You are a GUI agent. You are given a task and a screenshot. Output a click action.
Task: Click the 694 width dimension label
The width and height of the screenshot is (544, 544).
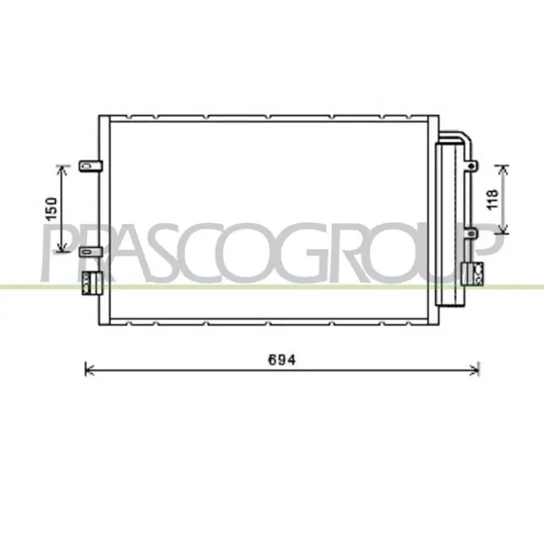tap(282, 360)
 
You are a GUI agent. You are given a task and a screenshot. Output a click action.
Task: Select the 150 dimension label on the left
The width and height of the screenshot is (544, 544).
tap(51, 209)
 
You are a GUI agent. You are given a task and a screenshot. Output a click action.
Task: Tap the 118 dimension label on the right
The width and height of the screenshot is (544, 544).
tap(493, 200)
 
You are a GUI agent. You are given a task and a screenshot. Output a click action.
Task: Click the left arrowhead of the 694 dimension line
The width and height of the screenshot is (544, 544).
tap(89, 370)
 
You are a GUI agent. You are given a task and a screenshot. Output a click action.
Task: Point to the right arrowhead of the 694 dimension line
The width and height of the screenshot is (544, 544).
tap(476, 370)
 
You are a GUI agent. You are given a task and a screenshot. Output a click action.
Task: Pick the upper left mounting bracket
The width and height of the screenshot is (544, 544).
tap(91, 166)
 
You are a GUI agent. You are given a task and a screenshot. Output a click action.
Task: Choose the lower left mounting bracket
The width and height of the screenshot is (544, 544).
tap(91, 252)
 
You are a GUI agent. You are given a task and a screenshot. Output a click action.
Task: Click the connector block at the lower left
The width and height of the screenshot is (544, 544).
tap(92, 284)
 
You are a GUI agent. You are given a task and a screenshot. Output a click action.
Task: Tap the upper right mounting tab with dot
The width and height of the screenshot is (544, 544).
tap(472, 166)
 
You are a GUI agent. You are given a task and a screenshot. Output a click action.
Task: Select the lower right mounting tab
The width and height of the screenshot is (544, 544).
tap(472, 233)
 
